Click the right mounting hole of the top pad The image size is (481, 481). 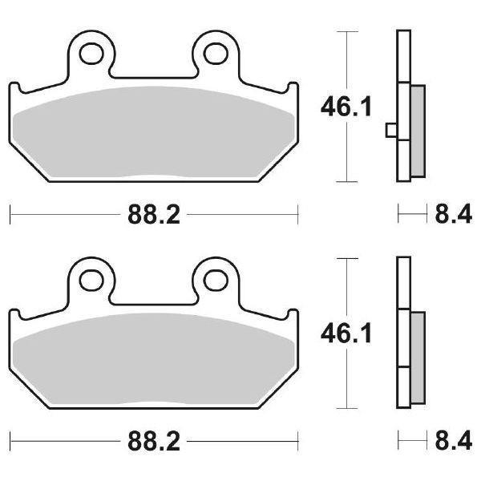[214, 53]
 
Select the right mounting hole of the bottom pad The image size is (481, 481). [214, 280]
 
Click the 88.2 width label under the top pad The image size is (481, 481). [152, 214]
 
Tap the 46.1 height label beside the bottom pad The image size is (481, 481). [346, 331]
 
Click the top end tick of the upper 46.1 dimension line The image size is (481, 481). [346, 32]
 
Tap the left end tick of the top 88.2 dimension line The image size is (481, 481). [10, 214]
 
